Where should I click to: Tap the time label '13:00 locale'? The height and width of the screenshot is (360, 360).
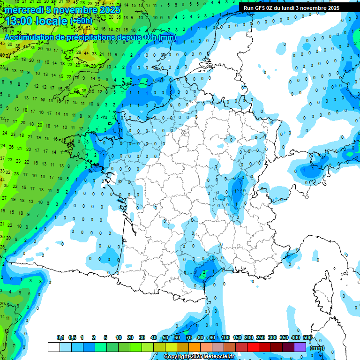pyautogui.click(x=36, y=21)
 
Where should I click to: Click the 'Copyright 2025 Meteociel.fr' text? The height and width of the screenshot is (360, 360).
pyautogui.click(x=199, y=357)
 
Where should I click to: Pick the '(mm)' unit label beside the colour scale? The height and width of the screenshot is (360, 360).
pyautogui.click(x=317, y=348)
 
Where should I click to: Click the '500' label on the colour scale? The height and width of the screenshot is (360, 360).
pyautogui.click(x=307, y=337)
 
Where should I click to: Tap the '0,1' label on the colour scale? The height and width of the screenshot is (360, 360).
pyautogui.click(x=60, y=337)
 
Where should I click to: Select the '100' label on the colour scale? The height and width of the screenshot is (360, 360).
pyautogui.click(x=225, y=337)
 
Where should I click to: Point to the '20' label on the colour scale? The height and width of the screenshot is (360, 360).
pyautogui.click(x=130, y=337)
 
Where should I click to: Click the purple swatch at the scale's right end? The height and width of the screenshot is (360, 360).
pyautogui.click(x=300, y=347)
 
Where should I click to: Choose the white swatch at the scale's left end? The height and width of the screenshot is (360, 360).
pyautogui.click(x=53, y=347)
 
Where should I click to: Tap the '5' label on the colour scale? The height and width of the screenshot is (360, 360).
pyautogui.click(x=106, y=337)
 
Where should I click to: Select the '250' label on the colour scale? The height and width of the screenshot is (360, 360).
pyautogui.click(x=261, y=337)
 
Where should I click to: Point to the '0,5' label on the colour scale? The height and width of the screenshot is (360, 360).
pyautogui.click(x=72, y=337)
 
